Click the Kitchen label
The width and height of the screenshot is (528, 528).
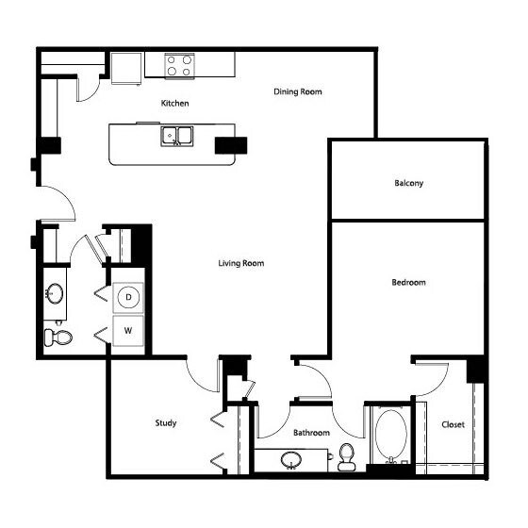174,103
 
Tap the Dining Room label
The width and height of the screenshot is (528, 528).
298,91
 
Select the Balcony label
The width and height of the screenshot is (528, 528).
408,183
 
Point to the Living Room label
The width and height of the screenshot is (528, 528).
241,263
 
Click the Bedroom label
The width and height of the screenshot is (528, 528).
408,282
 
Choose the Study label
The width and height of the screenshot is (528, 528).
166,423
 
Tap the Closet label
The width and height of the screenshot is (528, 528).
453,424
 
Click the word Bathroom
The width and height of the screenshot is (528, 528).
311,433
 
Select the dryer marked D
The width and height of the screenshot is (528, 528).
127,298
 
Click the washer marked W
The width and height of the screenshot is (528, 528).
127,332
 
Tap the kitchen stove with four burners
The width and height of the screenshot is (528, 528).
180,64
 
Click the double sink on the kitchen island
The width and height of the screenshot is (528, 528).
176,138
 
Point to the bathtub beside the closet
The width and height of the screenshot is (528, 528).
389,435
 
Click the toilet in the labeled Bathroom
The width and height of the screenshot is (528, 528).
346,456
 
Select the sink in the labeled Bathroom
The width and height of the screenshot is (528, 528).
291,459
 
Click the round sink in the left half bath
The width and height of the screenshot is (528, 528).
55,294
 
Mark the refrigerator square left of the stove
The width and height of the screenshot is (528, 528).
124,66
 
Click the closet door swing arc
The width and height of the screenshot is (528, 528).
436,377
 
